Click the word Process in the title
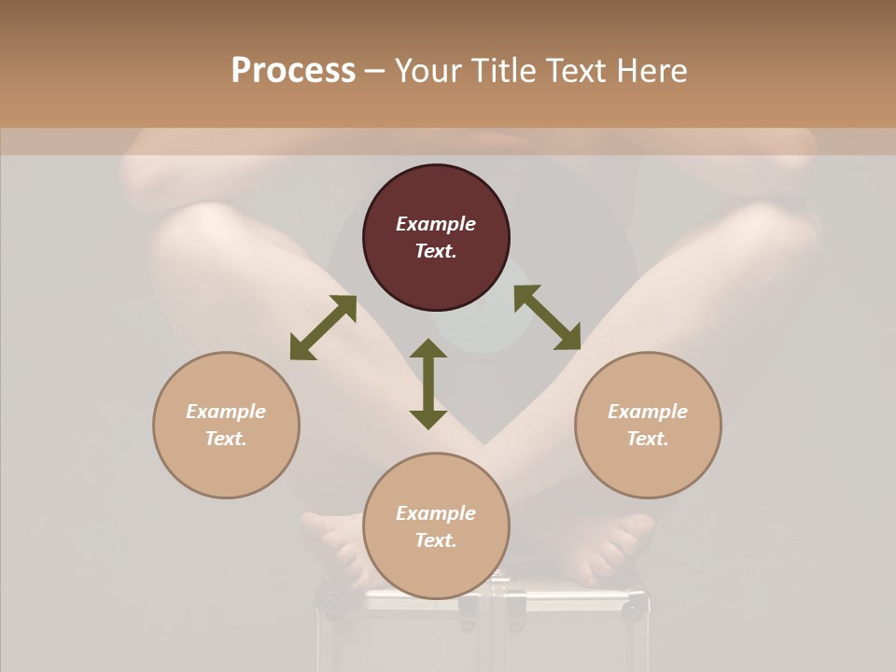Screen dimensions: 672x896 (x=293, y=71)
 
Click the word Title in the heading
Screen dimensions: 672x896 (x=503, y=71)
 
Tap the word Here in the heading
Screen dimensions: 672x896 (x=651, y=71)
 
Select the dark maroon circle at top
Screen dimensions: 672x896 (x=436, y=238)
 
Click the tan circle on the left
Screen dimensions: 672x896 (x=226, y=425)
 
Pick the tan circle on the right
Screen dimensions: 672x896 (x=648, y=425)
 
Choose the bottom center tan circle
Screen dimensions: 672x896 (x=436, y=525)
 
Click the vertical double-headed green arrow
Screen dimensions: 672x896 (x=428, y=384)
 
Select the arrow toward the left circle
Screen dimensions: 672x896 (x=323, y=328)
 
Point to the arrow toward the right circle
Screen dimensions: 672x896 (x=548, y=317)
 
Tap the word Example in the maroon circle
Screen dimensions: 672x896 (x=436, y=224)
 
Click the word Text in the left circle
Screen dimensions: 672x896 (x=226, y=439)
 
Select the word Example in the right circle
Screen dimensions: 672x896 (x=648, y=412)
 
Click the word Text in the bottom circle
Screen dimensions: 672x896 (x=436, y=540)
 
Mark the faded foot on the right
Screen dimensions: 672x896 (x=602, y=546)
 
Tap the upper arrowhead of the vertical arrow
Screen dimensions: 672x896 (x=428, y=351)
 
